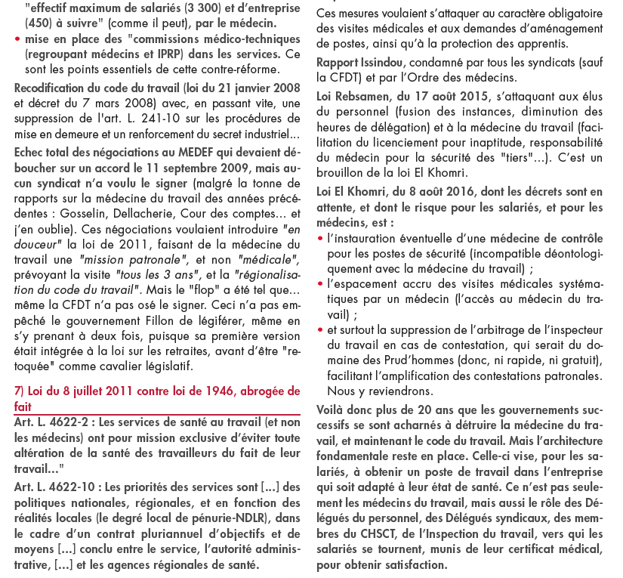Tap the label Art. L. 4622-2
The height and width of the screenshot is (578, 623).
(54, 423)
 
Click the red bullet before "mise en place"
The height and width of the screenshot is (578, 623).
(17, 39)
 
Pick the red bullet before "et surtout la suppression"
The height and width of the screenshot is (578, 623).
(320, 330)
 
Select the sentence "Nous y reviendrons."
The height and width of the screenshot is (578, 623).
(380, 391)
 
